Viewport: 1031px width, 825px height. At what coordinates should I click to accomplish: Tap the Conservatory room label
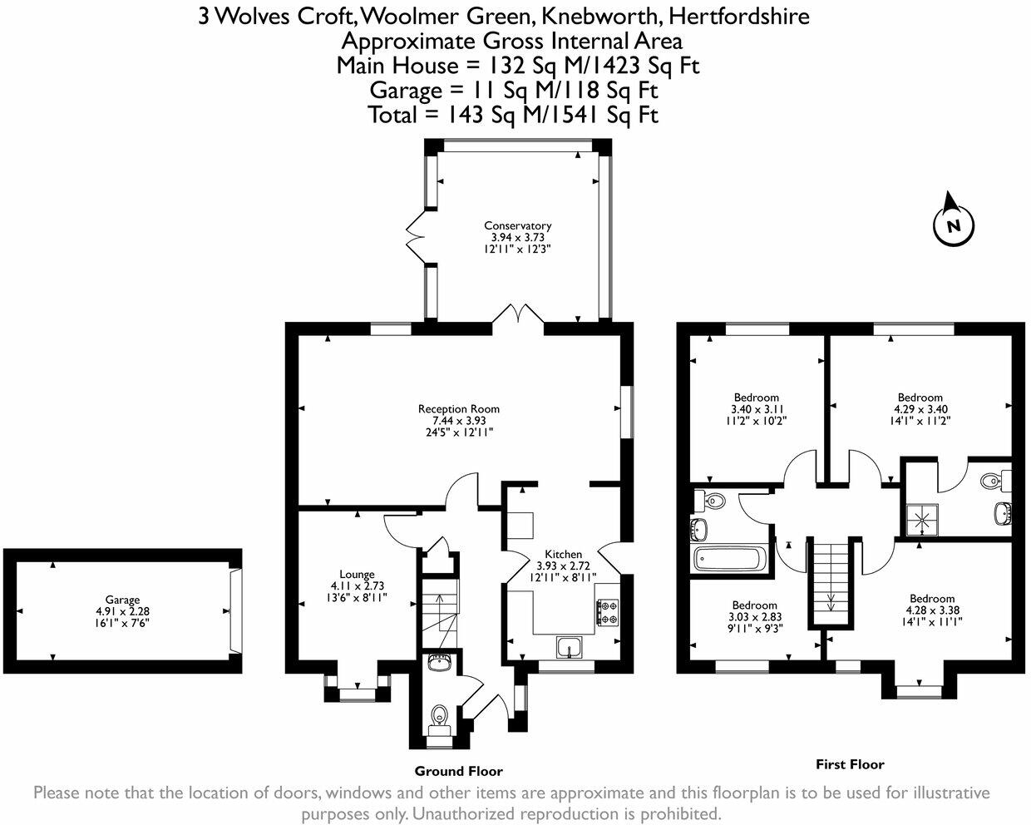tap(517, 225)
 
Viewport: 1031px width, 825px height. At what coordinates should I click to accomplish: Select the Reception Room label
tap(458, 409)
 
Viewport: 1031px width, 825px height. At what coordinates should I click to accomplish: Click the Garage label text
tap(123, 600)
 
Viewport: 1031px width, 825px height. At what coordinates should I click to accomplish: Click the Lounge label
tap(357, 575)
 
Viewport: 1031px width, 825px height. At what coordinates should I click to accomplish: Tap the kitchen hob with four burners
tap(607, 612)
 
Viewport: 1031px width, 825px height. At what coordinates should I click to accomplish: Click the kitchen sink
tap(570, 647)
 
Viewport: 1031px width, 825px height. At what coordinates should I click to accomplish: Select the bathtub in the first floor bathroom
tap(728, 560)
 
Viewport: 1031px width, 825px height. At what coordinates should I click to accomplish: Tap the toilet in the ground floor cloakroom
tap(439, 719)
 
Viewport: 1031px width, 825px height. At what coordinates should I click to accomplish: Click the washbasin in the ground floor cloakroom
tap(439, 663)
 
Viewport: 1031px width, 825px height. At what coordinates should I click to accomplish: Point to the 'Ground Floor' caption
tap(458, 771)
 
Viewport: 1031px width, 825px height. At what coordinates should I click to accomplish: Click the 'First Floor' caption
tap(850, 764)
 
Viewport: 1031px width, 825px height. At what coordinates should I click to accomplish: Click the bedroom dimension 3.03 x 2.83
tap(755, 617)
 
